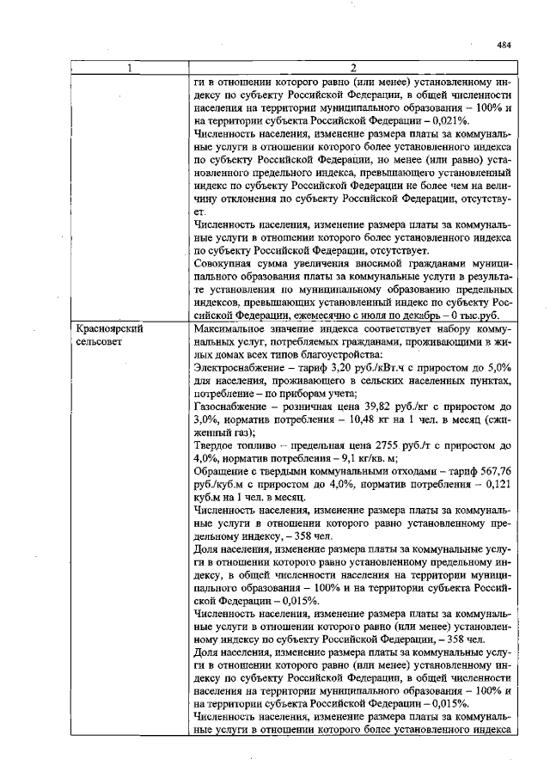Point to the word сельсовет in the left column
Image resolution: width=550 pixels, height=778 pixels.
(100, 341)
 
